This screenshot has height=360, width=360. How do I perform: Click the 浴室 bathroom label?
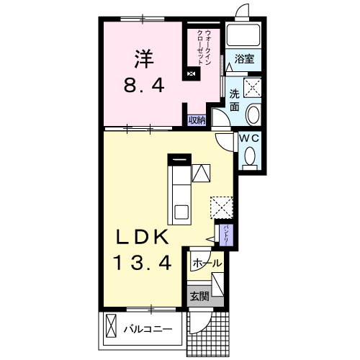coord(244,59)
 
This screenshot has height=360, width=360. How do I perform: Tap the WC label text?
coord(249,138)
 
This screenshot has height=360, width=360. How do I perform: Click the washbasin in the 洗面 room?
coord(253,114)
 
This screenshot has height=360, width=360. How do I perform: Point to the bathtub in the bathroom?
coord(243,34)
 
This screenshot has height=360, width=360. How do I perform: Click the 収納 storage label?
coord(197,120)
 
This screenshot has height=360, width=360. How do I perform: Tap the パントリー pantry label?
coord(226,235)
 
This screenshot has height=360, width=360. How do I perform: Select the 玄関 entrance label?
coord(199,297)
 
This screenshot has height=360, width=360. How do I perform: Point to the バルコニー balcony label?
coord(148,329)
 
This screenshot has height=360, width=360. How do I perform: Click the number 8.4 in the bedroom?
coord(144,86)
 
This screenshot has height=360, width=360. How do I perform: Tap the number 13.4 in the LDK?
coord(143,263)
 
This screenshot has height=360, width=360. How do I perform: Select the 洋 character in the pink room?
coord(144,59)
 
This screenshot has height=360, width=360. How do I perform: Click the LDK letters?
coord(142,237)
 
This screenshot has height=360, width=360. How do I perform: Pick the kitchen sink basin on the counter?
coord(181,212)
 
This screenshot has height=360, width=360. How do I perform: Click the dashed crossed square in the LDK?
coord(222,207)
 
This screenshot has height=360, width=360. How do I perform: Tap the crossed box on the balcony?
coord(111,326)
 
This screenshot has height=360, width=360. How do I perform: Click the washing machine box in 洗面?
coord(252,87)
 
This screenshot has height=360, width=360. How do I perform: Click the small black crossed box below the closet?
coord(192,73)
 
